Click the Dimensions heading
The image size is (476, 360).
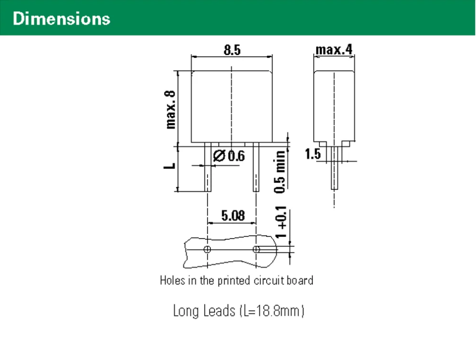pos(61,19)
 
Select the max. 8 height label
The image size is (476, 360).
pos(171,110)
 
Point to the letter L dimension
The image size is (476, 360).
pos(171,165)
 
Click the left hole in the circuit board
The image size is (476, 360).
pos(208,249)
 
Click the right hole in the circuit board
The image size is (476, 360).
pos(257,249)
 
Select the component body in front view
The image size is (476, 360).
pos(232,107)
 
